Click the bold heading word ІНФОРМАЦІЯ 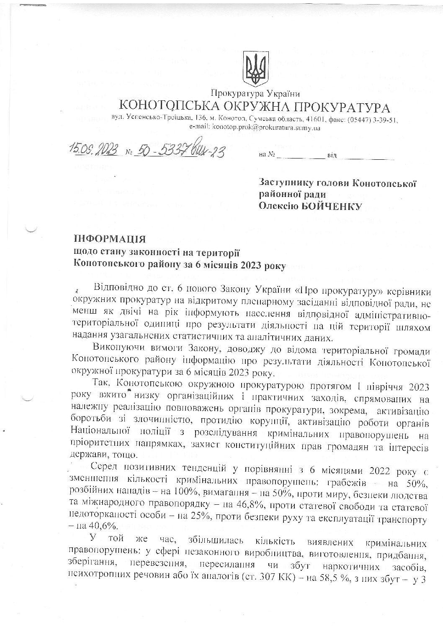[109, 240]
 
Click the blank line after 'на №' [301, 156]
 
